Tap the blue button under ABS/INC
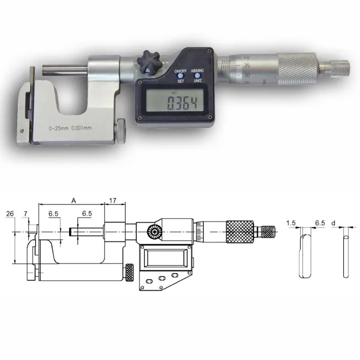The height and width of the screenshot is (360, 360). click(197, 76)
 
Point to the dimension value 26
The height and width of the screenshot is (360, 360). click(9, 213)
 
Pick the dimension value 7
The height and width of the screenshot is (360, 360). click(25, 213)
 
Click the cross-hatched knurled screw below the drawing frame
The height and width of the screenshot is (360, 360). click(130, 272)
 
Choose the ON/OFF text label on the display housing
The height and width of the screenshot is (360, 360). click(180, 71)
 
